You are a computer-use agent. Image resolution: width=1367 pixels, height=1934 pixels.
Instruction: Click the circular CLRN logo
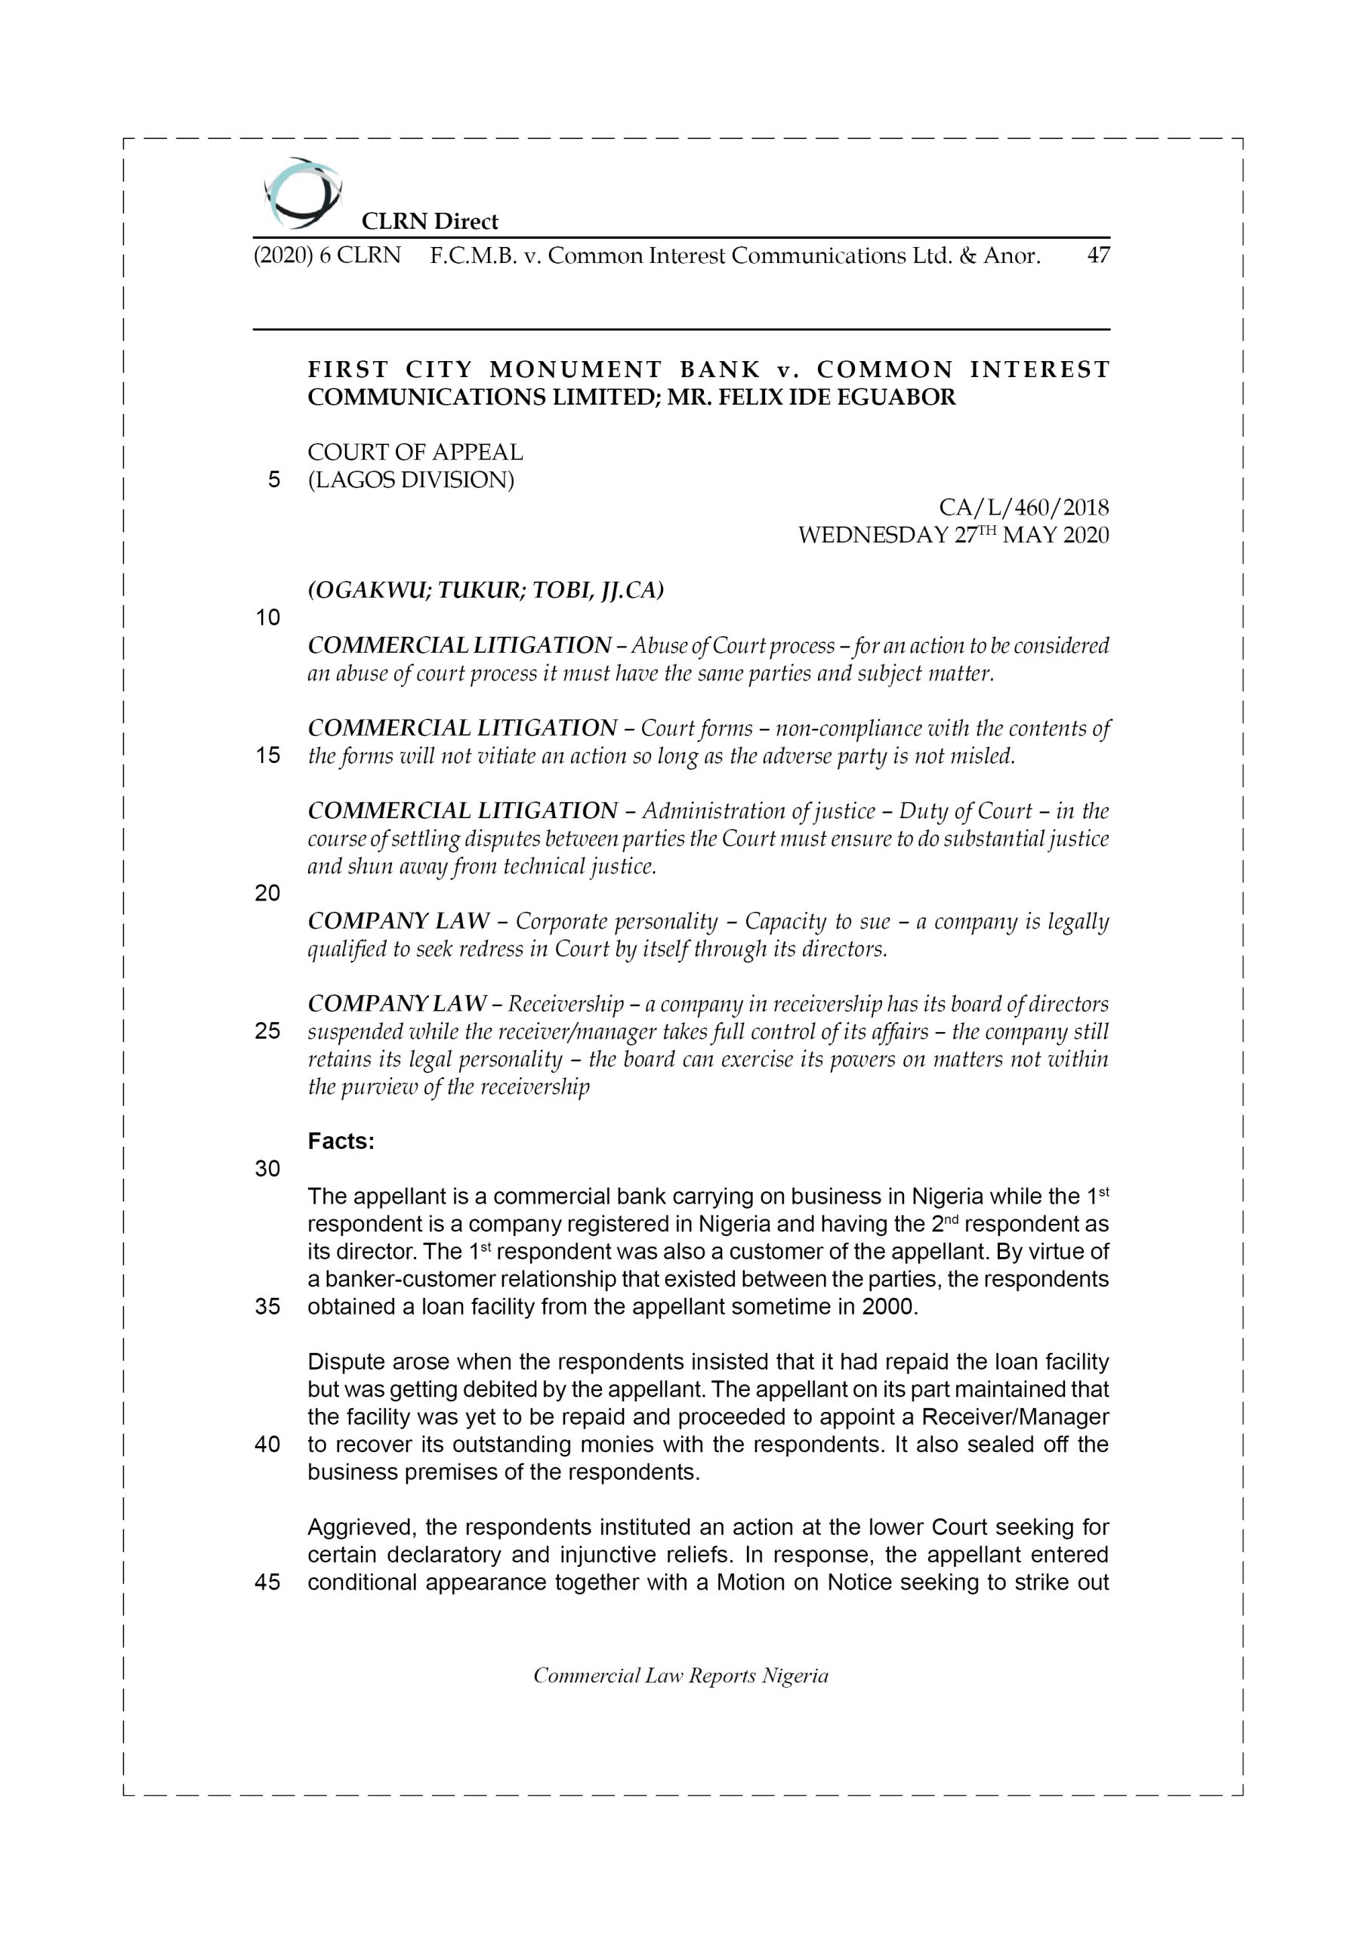coord(301,193)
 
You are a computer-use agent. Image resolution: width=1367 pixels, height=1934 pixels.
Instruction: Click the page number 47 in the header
coord(1097,255)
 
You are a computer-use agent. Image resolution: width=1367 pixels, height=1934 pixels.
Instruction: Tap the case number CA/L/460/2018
coord(1023,507)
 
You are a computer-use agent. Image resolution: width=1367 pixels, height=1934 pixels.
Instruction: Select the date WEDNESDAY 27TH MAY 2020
coord(952,535)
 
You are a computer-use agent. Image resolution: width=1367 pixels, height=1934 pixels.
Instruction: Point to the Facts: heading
coord(341,1142)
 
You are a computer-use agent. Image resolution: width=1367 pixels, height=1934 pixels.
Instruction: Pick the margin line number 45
coord(267,1582)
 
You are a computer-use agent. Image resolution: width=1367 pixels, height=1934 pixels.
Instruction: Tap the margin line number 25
coord(267,1031)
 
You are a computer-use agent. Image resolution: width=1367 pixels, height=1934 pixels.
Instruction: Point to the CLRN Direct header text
coord(429,221)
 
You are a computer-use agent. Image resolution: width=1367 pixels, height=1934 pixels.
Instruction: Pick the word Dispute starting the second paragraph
coord(346,1362)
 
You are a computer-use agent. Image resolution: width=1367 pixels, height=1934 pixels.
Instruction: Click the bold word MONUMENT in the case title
coord(576,369)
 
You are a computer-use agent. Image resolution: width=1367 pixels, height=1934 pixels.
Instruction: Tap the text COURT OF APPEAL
coord(415,453)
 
